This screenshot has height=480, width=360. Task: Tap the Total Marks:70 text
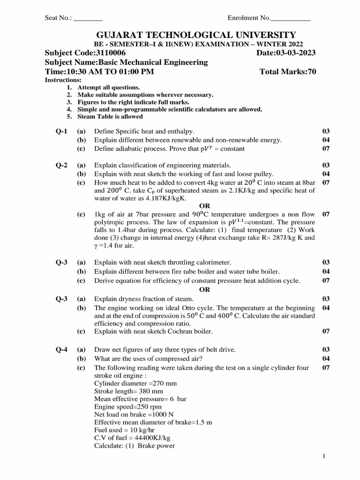(x=287, y=72)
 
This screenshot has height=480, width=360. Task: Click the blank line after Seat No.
(x=88, y=18)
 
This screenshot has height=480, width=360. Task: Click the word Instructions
(x=63, y=80)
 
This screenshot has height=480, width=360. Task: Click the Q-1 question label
(x=61, y=131)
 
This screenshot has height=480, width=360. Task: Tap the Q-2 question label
(x=61, y=165)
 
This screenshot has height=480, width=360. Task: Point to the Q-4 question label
(x=61, y=350)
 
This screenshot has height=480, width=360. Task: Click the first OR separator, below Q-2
(x=205, y=206)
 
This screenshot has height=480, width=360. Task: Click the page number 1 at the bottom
(x=324, y=456)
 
